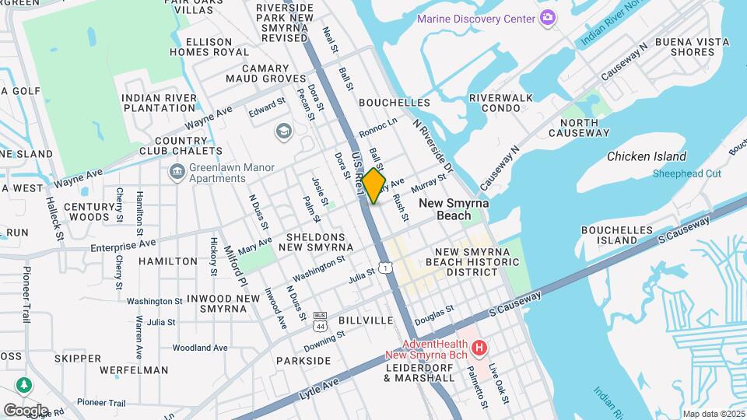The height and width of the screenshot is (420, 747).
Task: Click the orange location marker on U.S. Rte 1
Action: [x=373, y=186]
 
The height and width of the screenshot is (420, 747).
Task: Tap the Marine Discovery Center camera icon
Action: [x=548, y=18]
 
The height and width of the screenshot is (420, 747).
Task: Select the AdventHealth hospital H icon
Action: [x=480, y=347]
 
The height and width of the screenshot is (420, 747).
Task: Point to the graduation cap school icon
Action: [x=282, y=131]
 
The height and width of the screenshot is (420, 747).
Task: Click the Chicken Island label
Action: [x=647, y=156]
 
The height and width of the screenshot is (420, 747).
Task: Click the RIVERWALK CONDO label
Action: [x=500, y=103]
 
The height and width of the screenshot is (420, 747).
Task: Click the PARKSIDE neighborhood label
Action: [x=303, y=361]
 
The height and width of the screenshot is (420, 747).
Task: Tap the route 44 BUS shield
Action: [x=320, y=320]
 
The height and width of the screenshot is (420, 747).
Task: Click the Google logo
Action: [x=26, y=410]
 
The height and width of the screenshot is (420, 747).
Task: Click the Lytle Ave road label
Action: [x=320, y=389]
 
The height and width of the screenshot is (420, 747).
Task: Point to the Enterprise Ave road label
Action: [x=123, y=245]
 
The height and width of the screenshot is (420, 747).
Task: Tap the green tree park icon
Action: [x=24, y=385]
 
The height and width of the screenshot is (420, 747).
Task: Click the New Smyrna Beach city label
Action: [x=456, y=209]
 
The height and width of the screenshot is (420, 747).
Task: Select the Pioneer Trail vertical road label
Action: [x=26, y=295]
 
